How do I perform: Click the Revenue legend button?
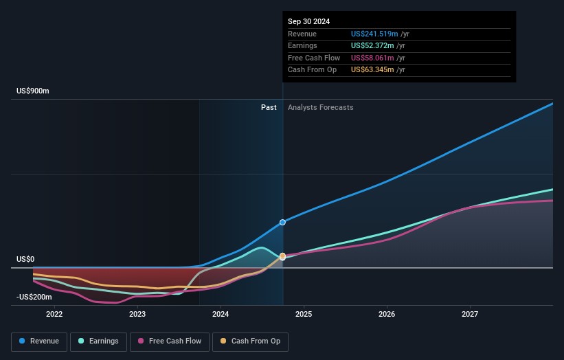(40, 341)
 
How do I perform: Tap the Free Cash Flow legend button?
(170, 341)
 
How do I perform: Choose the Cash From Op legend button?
(250, 341)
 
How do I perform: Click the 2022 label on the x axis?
(54, 314)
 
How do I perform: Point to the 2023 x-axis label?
(137, 314)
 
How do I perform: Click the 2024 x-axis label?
(221, 314)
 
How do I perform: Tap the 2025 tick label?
(304, 314)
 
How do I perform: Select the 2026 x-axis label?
(387, 314)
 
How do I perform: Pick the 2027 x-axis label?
(470, 314)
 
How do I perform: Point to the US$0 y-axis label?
(25, 259)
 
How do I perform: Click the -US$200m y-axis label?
(35, 297)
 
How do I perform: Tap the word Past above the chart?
(269, 107)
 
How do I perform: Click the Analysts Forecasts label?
(321, 107)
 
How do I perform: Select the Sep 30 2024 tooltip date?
(309, 21)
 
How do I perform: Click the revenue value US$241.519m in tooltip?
(374, 34)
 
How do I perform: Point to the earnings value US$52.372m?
(372, 45)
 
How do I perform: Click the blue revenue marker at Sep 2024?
(282, 223)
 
